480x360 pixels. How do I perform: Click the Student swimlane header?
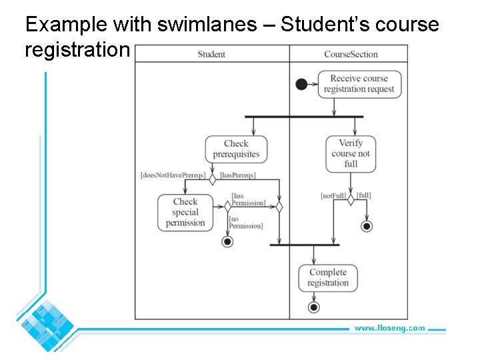[x=211, y=54]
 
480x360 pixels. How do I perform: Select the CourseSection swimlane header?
[x=351, y=54]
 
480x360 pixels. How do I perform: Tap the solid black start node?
[x=301, y=84]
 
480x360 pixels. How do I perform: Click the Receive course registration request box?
[x=359, y=84]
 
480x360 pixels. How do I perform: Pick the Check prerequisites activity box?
[x=236, y=149]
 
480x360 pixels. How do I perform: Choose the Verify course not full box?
[x=351, y=153]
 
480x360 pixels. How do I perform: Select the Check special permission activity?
[x=185, y=213]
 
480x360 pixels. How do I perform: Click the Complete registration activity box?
[x=328, y=277]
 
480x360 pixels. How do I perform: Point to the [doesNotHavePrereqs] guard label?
[x=172, y=175]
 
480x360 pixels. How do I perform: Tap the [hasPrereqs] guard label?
[x=238, y=175]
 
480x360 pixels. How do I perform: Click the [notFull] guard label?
[x=333, y=196]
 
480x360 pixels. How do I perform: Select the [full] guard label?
[x=364, y=195]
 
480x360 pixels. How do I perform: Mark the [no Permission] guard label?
[x=246, y=223]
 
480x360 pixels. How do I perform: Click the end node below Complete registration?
[x=313, y=307]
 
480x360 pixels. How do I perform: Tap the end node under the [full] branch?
[x=367, y=227]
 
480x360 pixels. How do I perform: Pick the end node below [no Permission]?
[x=227, y=242]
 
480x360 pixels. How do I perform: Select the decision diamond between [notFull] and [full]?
[x=351, y=199]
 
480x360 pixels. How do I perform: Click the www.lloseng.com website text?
[x=389, y=328]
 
